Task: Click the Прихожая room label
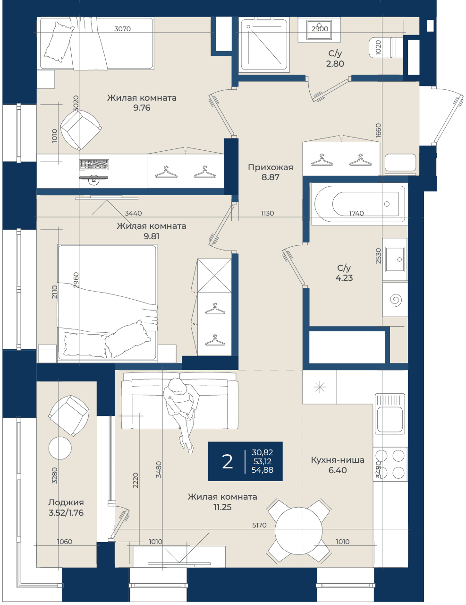pyautogui.click(x=270, y=167)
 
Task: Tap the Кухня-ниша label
pyautogui.click(x=337, y=460)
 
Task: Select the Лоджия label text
pyautogui.click(x=66, y=502)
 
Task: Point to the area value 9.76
pyautogui.click(x=142, y=108)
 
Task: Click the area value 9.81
pyautogui.click(x=151, y=236)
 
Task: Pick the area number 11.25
pyautogui.click(x=222, y=507)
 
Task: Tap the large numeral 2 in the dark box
pyautogui.click(x=227, y=462)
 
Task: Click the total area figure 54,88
pyautogui.click(x=262, y=470)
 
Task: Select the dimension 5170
pyautogui.click(x=259, y=525)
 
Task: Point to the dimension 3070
pyautogui.click(x=122, y=29)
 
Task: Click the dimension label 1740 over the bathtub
pyautogui.click(x=356, y=213)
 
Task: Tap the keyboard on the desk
pyautogui.click(x=94, y=164)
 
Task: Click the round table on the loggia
pyautogui.click(x=60, y=448)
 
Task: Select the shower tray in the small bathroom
pyautogui.click(x=263, y=44)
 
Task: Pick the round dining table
pyautogui.click(x=298, y=531)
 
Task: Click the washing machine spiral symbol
pyautogui.click(x=396, y=300)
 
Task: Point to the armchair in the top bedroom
pyautogui.click(x=81, y=130)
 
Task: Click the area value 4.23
pyautogui.click(x=344, y=277)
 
